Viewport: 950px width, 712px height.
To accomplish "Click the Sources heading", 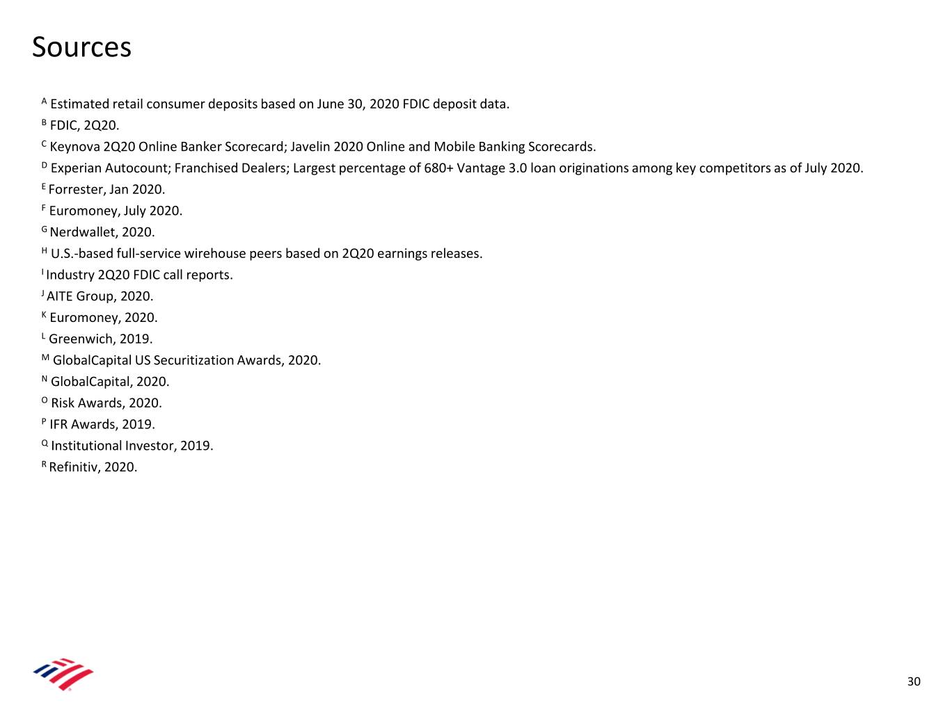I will coord(81,47).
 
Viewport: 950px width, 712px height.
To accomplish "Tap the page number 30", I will coord(913,681).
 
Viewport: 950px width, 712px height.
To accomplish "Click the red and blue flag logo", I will coord(63,674).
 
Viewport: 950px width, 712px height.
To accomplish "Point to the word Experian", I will coord(76,168).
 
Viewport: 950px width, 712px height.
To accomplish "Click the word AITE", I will coord(60,296).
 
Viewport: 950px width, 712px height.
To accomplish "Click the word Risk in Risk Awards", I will coord(63,403).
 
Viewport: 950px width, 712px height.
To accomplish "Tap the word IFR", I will coord(59,425).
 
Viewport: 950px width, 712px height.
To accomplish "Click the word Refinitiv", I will coord(74,467).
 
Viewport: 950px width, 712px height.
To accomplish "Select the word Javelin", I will coord(310,147).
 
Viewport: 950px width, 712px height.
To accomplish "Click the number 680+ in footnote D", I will coord(438,168).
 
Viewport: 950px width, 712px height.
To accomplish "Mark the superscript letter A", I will coord(44,102).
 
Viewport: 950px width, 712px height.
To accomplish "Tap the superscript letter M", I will coord(45,358).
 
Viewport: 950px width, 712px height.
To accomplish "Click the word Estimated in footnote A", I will coord(79,104).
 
